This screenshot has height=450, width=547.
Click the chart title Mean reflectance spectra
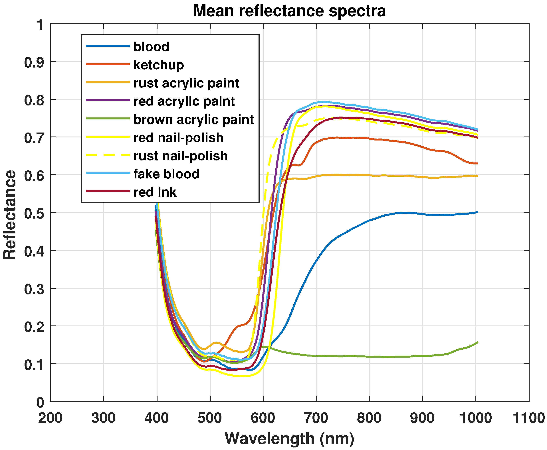pos(289,11)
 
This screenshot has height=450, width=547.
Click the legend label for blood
pos(151,47)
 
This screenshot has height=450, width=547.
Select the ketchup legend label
pos(158,65)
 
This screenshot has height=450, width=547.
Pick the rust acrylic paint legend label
pos(186,83)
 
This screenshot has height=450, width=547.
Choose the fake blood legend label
pos(166,174)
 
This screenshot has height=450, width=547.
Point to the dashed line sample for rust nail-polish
pos(108,155)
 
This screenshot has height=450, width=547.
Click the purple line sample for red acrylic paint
pos(108,100)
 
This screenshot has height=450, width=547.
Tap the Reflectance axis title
pos(10,215)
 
